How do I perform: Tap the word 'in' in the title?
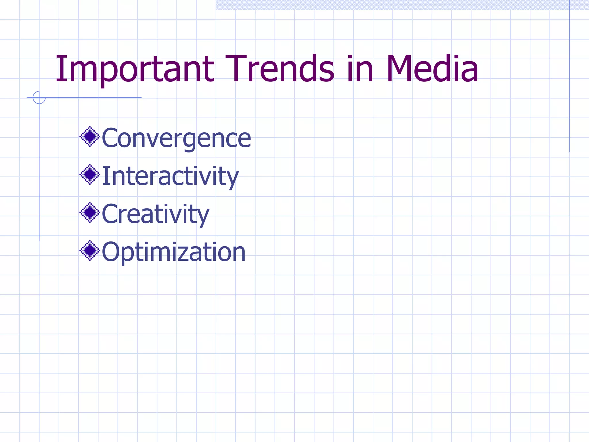pyautogui.click(x=359, y=69)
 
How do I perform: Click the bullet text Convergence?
pyautogui.click(x=176, y=138)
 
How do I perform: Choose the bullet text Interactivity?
pyautogui.click(x=170, y=176)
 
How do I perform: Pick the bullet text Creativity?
pyautogui.click(x=156, y=214)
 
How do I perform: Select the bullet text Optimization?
pyautogui.click(x=174, y=252)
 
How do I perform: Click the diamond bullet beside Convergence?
pyautogui.click(x=90, y=136)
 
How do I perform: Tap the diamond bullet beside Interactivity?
pyautogui.click(x=90, y=174)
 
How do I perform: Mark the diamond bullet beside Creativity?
pyautogui.click(x=90, y=212)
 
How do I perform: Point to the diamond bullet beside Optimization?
pyautogui.click(x=90, y=250)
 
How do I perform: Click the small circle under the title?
pyautogui.click(x=39, y=98)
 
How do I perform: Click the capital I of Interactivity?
pyautogui.click(x=105, y=176)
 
